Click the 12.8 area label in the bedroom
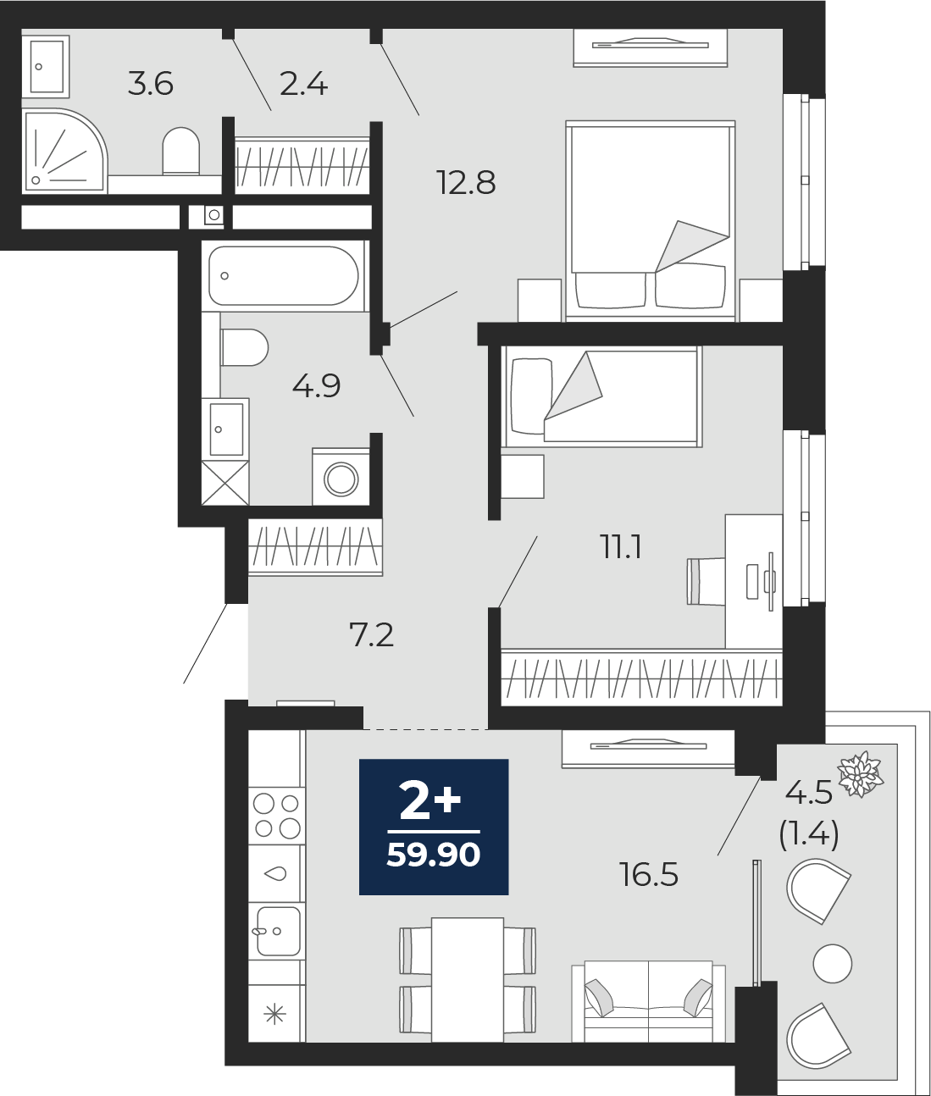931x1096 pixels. tap(466, 182)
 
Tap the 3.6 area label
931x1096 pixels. tap(151, 84)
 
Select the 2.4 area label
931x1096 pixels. tap(303, 84)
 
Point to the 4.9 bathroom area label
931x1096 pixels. tap(316, 386)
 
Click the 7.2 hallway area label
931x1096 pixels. tap(372, 634)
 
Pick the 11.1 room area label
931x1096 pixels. tap(621, 547)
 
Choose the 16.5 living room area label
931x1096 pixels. tap(649, 874)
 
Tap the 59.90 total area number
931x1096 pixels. tap(433, 855)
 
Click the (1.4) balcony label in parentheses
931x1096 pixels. tap(809, 834)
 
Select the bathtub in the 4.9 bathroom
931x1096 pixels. tap(284, 275)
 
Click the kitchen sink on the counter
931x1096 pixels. tap(277, 931)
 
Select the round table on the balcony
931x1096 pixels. tap(832, 963)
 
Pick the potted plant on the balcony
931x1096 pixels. tap(860, 773)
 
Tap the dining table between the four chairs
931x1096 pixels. tap(468, 979)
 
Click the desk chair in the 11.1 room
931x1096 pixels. tap(706, 581)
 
